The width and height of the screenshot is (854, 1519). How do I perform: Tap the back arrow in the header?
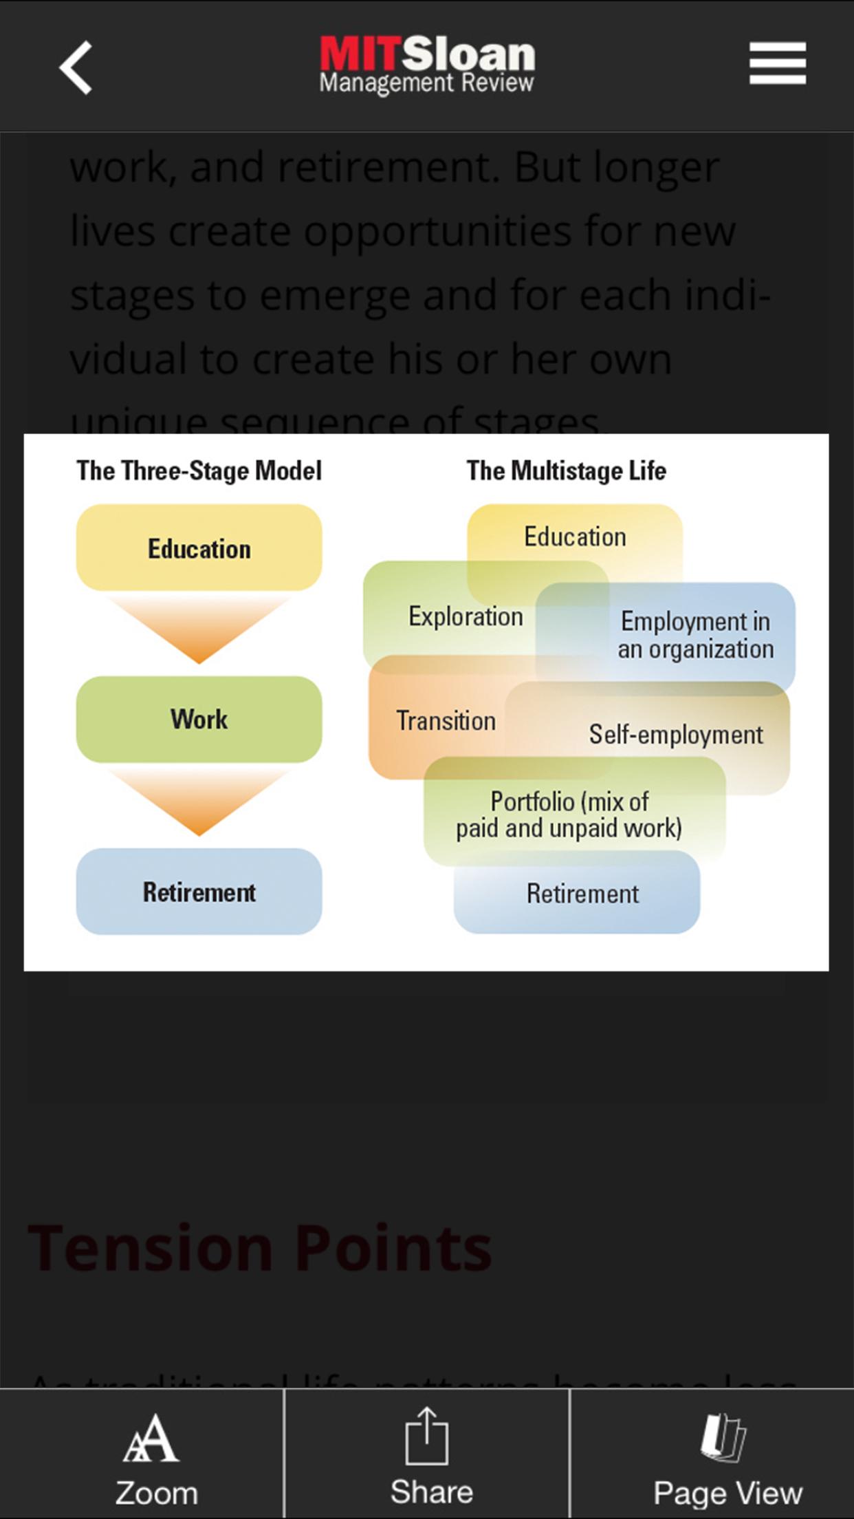(76, 67)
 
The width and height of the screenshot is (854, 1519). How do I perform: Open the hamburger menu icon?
(777, 63)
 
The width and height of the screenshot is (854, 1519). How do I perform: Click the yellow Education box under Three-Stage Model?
(199, 548)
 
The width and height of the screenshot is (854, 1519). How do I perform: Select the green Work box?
(199, 719)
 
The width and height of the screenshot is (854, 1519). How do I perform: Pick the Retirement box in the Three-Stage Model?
(199, 892)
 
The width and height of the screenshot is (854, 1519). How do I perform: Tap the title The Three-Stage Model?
(199, 471)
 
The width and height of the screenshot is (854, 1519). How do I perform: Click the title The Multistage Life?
(566, 471)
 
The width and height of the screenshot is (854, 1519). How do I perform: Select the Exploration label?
(466, 616)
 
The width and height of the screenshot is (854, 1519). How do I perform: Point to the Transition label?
(446, 721)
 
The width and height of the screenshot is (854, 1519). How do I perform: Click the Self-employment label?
(676, 735)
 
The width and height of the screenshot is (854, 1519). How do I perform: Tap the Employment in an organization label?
(695, 635)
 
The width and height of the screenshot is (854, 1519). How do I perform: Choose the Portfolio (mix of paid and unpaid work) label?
(569, 815)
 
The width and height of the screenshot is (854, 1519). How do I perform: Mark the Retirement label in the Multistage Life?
(582, 894)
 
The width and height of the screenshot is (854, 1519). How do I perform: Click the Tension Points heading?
(260, 1247)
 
